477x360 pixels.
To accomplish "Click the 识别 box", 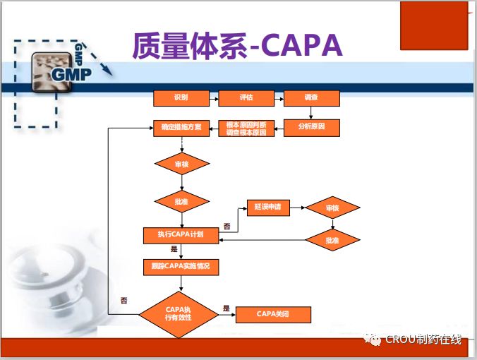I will [x=181, y=98].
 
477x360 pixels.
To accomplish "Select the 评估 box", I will [x=246, y=98].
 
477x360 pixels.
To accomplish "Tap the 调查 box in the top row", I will [x=311, y=98].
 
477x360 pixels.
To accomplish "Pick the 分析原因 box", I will [x=311, y=128].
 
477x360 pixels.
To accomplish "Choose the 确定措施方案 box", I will [x=181, y=128].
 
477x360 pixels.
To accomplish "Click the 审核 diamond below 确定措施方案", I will [x=182, y=164].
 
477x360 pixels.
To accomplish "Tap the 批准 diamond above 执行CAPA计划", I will [x=182, y=202].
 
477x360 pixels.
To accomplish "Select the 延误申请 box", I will [x=267, y=208].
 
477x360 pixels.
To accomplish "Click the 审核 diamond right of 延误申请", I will [x=332, y=208].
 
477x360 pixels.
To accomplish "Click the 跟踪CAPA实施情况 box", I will [x=181, y=267].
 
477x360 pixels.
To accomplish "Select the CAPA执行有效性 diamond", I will [x=179, y=314].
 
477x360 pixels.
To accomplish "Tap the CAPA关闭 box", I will [x=272, y=314].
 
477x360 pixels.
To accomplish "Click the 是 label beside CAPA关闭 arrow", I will [x=227, y=308].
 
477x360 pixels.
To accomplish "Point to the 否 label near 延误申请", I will [x=227, y=226].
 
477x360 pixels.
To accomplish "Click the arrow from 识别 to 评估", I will [x=214, y=98].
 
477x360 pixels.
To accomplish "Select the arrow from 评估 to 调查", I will [x=279, y=98].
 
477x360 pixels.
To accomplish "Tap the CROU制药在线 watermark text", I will [x=423, y=340].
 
